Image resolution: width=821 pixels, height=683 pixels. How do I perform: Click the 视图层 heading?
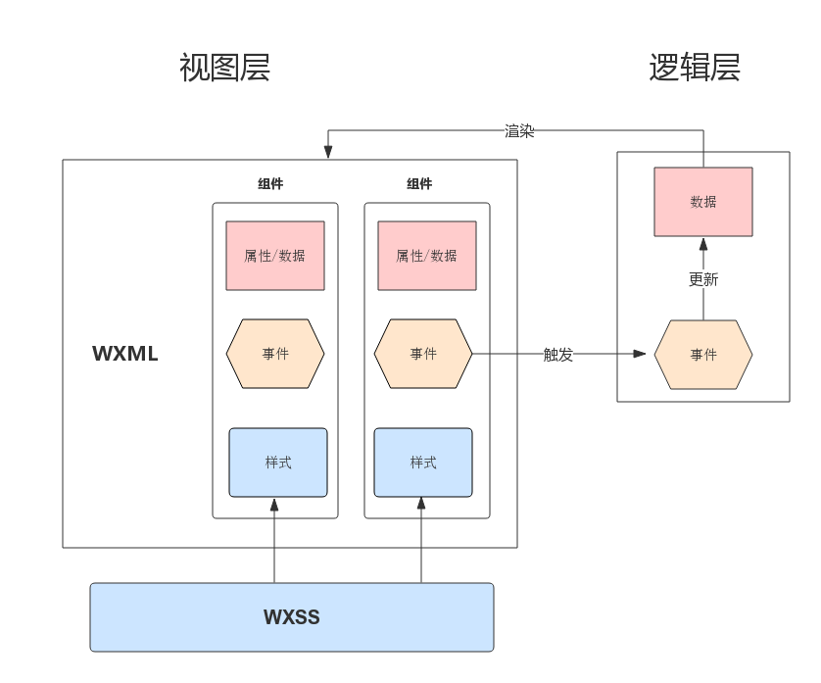224,68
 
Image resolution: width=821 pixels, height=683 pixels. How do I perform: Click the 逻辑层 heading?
695,68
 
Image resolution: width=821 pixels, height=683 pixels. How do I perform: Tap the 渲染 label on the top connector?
519,131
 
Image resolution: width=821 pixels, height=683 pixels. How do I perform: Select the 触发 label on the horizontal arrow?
558,355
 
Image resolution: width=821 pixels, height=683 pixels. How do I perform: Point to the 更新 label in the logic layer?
703,279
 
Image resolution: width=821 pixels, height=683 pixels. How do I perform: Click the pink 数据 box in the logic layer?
703,202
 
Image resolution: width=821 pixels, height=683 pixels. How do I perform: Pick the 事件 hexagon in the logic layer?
703,355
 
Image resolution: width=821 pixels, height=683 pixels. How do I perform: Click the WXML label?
125,354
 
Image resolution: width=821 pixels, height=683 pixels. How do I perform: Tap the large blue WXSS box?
292,617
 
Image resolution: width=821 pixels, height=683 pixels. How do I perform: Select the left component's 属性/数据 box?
275,256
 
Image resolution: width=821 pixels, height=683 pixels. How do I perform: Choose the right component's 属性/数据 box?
427,256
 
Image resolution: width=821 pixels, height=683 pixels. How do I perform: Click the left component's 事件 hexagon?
275,354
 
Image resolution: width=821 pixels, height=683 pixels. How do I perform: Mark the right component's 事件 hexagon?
423,354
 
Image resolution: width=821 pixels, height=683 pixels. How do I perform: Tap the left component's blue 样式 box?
278,463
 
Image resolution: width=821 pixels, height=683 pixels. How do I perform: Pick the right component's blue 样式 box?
423,463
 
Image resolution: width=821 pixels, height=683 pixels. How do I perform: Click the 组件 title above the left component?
270,184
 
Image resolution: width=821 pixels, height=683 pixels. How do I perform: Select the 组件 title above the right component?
419,184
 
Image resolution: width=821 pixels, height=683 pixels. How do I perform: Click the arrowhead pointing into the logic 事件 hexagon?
640,354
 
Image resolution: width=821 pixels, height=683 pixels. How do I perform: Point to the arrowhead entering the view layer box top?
328,151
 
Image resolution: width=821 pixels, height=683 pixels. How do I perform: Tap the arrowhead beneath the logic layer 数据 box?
703,245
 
